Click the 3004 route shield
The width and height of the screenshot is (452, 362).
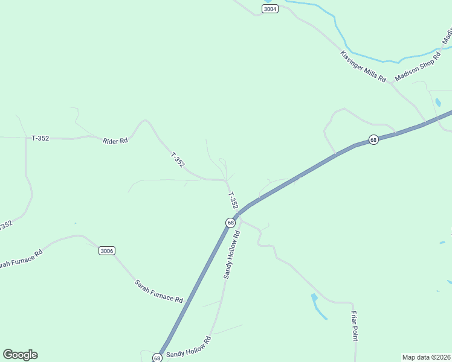270,8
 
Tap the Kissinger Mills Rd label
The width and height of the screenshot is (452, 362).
363,66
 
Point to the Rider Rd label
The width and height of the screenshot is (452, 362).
115,141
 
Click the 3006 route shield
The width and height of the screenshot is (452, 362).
106,251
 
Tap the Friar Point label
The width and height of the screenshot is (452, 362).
355,326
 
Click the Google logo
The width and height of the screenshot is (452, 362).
20,355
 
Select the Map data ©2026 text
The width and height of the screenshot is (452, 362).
426,357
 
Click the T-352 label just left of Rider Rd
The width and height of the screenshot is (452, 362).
40,138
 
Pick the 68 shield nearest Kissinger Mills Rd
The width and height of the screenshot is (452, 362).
374,139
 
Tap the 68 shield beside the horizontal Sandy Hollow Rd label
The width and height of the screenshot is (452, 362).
157,358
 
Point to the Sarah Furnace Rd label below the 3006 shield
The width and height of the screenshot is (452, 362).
158,291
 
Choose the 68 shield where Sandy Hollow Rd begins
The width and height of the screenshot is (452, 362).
230,223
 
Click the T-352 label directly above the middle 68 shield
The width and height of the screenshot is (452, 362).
233,201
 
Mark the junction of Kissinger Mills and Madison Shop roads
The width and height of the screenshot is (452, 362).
392,82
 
